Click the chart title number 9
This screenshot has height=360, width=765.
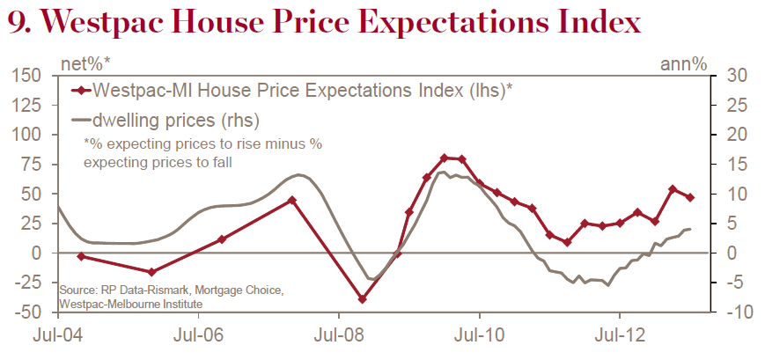tap(19, 23)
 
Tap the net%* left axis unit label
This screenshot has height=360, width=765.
tap(85, 63)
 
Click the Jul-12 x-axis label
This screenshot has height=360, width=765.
tap(620, 337)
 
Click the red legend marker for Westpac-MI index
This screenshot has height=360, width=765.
tap(80, 90)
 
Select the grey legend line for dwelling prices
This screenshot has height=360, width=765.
tap(80, 118)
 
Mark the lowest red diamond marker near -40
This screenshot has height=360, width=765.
tap(362, 299)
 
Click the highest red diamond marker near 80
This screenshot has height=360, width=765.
tap(445, 158)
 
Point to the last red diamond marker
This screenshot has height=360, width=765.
tap(689, 197)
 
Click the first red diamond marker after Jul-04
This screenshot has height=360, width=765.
tap(81, 256)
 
